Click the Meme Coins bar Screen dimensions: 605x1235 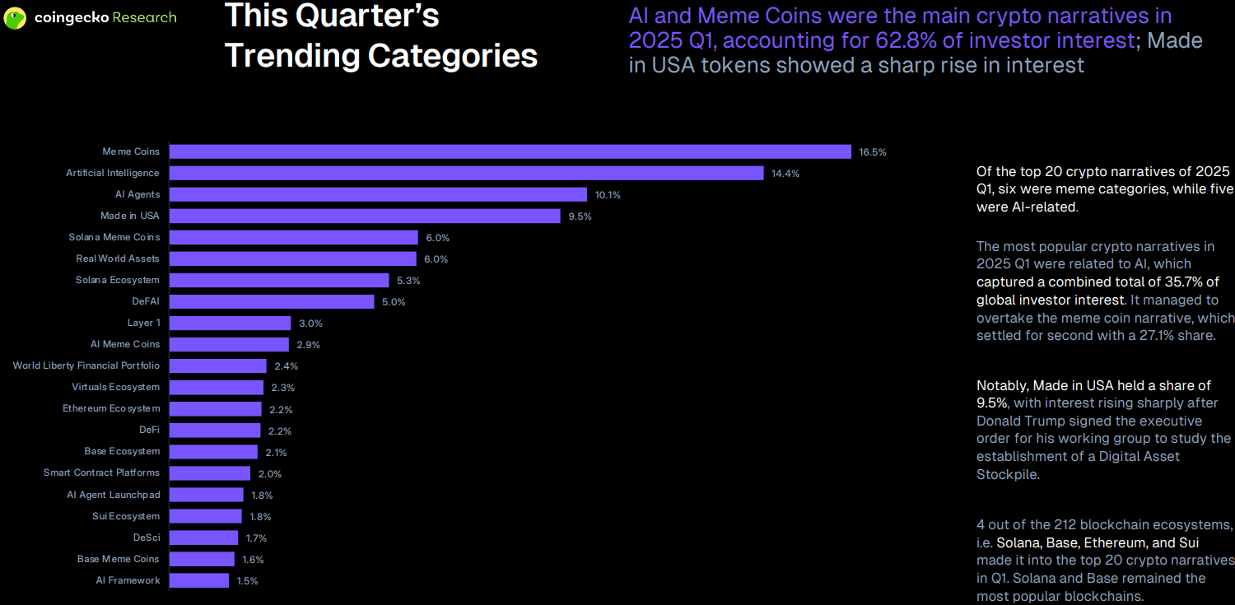[510, 151]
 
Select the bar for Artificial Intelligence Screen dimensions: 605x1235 [467, 173]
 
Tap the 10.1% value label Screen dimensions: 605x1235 [608, 195]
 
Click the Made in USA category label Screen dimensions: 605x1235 [130, 216]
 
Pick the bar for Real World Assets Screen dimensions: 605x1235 [293, 258]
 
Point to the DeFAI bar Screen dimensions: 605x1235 [272, 301]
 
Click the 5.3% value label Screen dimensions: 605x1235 [408, 281]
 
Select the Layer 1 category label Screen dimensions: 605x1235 [143, 323]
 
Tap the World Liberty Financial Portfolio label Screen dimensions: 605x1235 [86, 365]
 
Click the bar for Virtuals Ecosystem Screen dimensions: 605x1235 [217, 387]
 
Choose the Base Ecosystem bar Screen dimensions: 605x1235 [213, 452]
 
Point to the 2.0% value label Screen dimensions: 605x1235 [269, 474]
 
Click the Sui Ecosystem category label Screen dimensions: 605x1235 [126, 516]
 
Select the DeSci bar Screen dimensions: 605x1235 [203, 538]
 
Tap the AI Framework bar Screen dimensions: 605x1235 [199, 580]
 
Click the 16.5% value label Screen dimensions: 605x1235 [873, 152]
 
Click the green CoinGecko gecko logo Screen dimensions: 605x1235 [15, 18]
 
